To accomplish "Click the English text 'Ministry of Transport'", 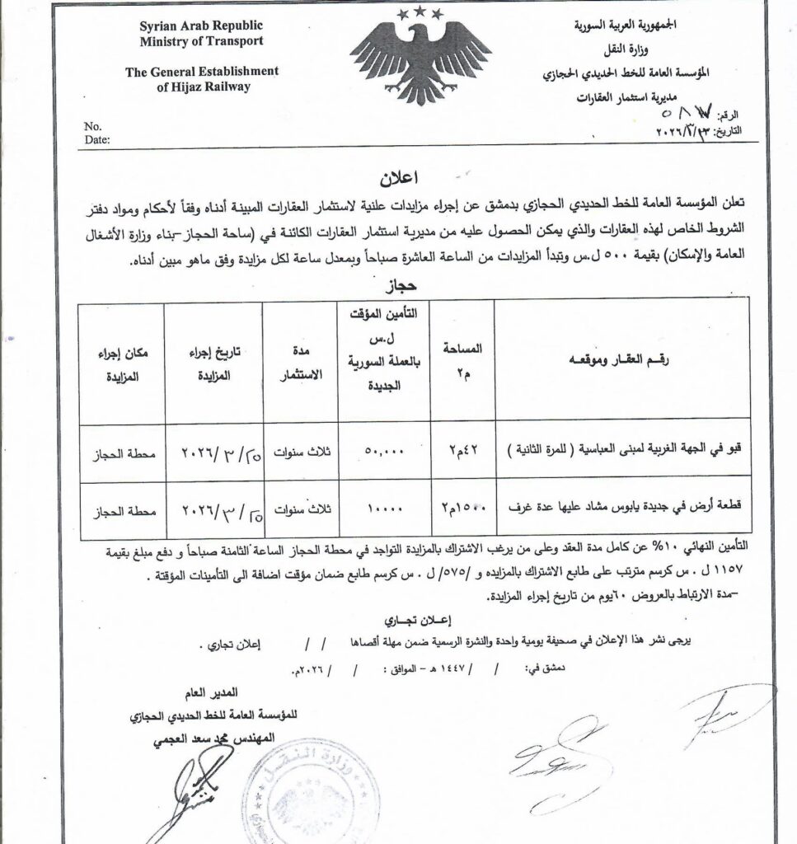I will [x=202, y=41].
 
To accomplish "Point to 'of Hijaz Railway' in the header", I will [x=202, y=87].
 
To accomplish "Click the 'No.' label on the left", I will [x=92, y=126].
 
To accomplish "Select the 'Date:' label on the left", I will [x=96, y=139].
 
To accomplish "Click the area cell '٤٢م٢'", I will [x=466, y=452].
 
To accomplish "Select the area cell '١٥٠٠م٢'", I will [x=466, y=512].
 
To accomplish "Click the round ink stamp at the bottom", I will [x=309, y=804].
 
